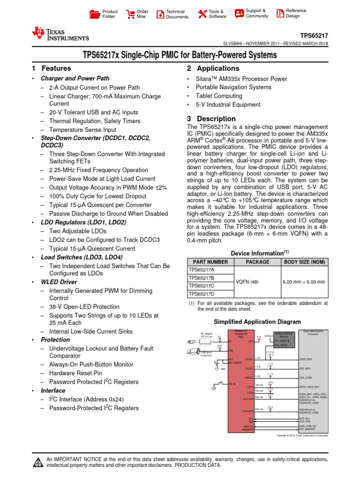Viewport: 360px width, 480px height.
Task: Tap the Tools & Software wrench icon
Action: pyautogui.click(x=202, y=14)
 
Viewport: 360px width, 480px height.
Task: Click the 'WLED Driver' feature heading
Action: pyautogui.click(x=59, y=282)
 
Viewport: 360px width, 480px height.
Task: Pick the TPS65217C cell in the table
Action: pyautogui.click(x=201, y=285)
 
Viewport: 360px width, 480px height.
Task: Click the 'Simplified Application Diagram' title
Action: pyautogui.click(x=257, y=322)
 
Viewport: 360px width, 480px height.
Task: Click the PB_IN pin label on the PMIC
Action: pyautogui.click(x=232, y=384)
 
